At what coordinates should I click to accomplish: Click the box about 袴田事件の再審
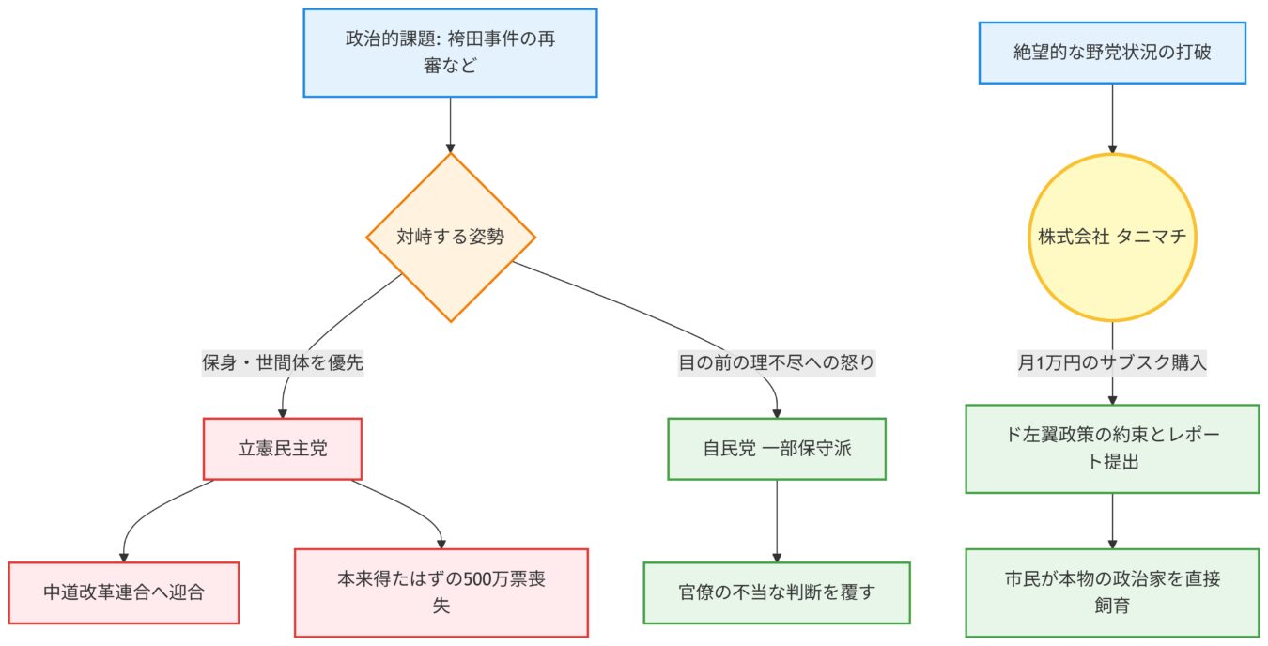point(450,53)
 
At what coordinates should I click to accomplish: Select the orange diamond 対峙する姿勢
point(450,238)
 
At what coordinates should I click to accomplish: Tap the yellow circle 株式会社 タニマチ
point(1113,238)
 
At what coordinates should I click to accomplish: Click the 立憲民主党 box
point(282,449)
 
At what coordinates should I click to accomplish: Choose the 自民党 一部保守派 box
point(777,449)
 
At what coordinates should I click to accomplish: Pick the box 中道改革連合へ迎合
point(124,592)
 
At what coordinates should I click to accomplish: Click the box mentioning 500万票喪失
point(441,592)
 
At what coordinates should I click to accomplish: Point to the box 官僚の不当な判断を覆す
point(777,592)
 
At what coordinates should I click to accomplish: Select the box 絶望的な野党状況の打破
point(1113,53)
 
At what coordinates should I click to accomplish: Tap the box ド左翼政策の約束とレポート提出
point(1113,449)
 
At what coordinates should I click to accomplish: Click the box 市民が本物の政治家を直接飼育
point(1113,592)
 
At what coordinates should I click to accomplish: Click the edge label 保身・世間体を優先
point(282,362)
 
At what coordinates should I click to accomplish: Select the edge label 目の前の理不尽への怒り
point(777,362)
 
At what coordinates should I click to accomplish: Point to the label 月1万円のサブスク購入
point(1113,362)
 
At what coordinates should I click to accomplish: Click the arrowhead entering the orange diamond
point(450,147)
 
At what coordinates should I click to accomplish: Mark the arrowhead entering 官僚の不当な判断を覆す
point(777,557)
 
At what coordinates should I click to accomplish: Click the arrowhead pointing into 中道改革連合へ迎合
point(124,557)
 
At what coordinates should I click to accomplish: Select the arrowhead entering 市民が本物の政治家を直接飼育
point(1113,544)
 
